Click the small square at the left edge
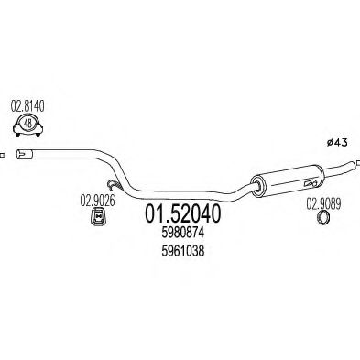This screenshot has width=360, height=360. [x=3, y=155]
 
